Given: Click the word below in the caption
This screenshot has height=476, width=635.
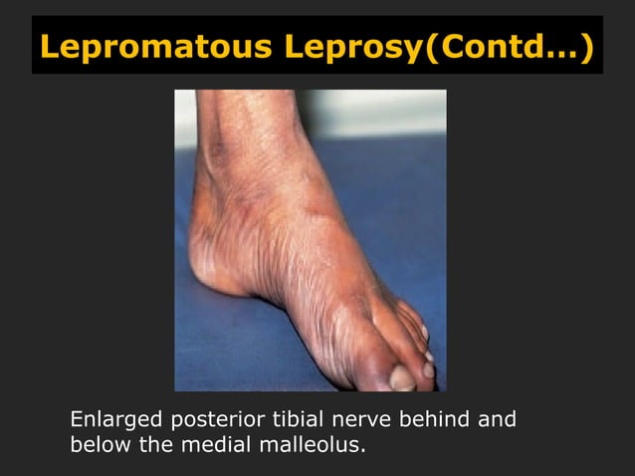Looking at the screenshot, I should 99,443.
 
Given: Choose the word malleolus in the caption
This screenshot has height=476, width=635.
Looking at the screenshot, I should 311,443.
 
